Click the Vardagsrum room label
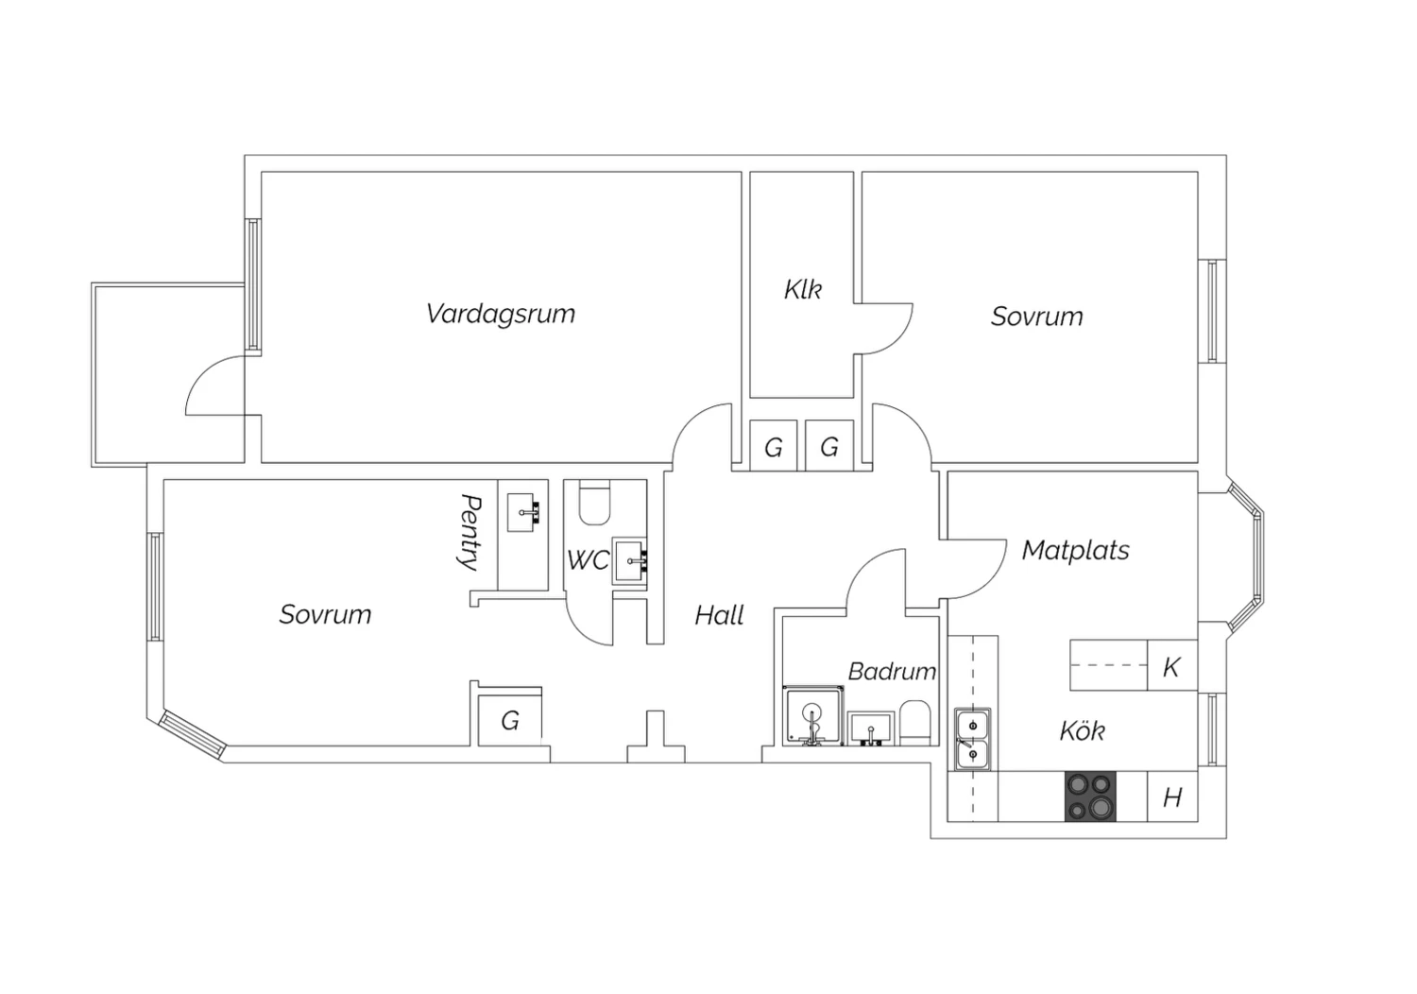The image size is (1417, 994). click(501, 315)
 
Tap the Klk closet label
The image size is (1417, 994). click(803, 289)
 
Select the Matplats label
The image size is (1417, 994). click(1075, 551)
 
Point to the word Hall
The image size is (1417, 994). click(719, 615)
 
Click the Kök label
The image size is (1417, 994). click(1083, 730)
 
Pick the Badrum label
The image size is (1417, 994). click(892, 671)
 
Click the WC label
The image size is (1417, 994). click(588, 560)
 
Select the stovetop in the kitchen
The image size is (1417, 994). click(1090, 796)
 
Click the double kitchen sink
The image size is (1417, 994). click(973, 739)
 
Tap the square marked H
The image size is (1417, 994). click(1172, 797)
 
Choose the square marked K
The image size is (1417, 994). click(1172, 665)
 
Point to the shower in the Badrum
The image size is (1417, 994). click(813, 715)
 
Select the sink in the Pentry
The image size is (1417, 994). click(523, 512)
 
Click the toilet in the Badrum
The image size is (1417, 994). click(914, 723)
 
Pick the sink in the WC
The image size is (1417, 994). click(630, 561)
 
